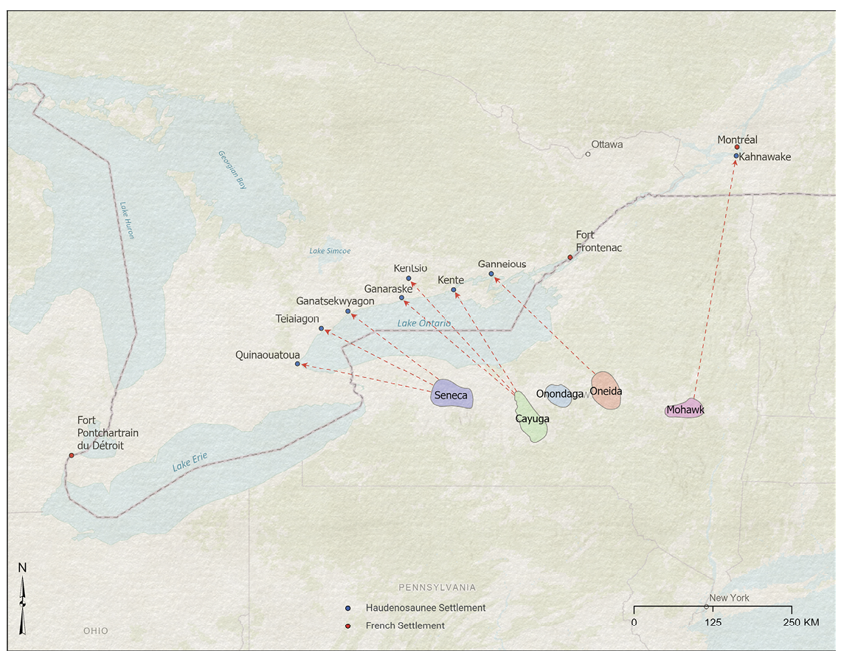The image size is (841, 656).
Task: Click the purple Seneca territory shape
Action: tap(451, 395)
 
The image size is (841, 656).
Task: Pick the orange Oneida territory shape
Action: tap(606, 390)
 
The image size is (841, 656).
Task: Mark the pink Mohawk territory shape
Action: tap(684, 409)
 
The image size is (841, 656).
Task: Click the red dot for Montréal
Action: tap(737, 147)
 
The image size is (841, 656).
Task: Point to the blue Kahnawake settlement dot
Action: tap(736, 156)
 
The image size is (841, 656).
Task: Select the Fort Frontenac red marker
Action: tap(570, 258)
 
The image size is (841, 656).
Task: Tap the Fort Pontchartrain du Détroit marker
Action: tap(72, 455)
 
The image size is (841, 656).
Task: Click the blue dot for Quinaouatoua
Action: tap(297, 364)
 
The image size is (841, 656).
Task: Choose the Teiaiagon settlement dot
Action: tap(321, 328)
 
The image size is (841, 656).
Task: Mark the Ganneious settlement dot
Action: tap(491, 274)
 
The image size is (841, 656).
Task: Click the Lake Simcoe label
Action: tap(330, 251)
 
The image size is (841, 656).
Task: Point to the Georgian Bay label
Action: tap(232, 170)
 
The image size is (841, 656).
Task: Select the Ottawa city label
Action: tap(606, 145)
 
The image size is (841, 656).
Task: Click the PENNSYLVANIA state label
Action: tap(437, 587)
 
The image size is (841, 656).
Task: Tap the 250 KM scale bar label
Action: tap(800, 622)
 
